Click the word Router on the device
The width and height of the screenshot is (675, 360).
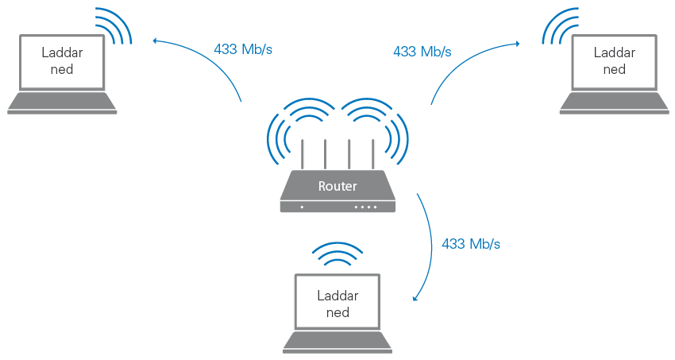[x=337, y=187]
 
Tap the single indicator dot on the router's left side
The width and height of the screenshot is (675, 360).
[x=302, y=207]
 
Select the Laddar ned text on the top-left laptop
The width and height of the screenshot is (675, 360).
[x=61, y=61]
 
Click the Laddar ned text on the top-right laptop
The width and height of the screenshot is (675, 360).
[x=615, y=61]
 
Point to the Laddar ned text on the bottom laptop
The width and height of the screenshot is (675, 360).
[x=337, y=303]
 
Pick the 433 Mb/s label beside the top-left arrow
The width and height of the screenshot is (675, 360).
[x=244, y=49]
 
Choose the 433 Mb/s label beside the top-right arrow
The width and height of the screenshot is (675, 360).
[x=422, y=52]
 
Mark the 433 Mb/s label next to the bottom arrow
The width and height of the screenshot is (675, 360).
[x=471, y=244]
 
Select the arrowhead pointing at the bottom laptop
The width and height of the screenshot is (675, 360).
[x=416, y=300]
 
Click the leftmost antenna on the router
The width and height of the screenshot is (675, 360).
[x=302, y=154]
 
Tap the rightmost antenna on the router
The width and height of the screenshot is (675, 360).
[x=372, y=154]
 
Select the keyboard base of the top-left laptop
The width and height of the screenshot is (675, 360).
[x=61, y=104]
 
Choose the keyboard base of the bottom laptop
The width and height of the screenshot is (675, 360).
[x=337, y=343]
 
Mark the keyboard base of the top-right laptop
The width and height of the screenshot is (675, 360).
[x=615, y=104]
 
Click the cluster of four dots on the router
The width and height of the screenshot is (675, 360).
[x=365, y=207]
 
